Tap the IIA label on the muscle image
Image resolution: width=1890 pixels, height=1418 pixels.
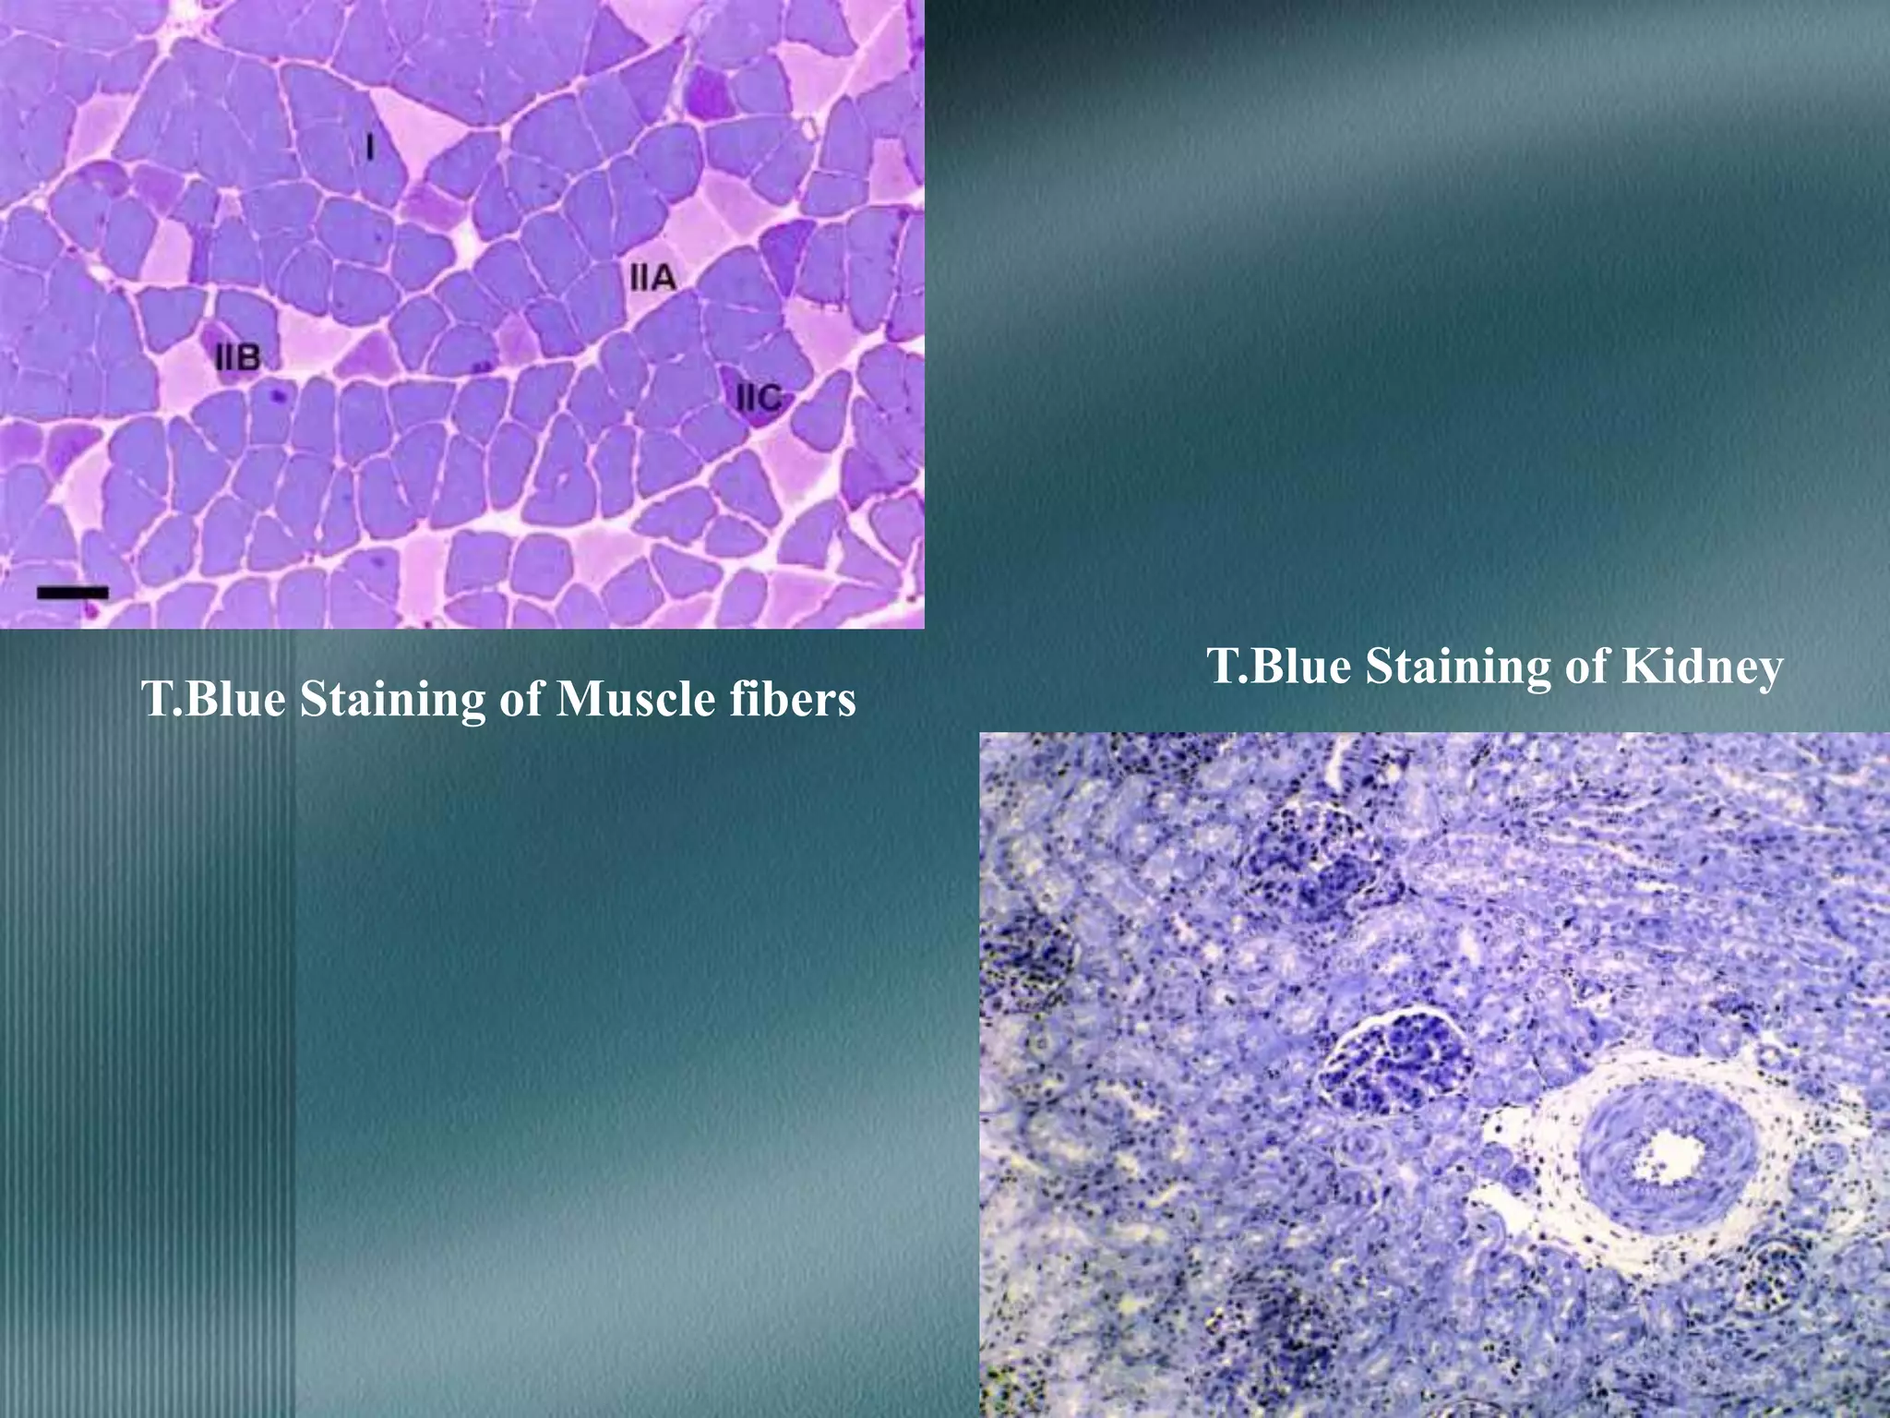click(x=652, y=277)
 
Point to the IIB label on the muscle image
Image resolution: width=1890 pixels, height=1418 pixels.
click(x=238, y=357)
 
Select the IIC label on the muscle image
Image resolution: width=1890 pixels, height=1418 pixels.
click(x=759, y=399)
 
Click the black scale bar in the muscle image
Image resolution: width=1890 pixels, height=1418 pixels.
click(x=72, y=592)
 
